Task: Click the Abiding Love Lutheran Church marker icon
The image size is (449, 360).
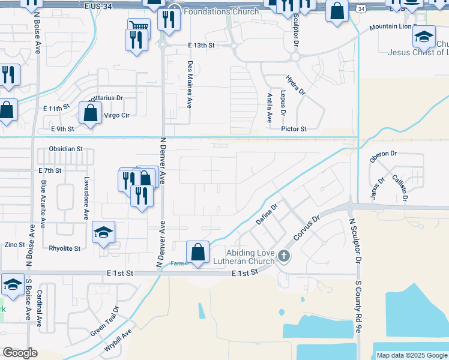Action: click(x=284, y=257)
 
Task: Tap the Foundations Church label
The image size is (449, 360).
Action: click(x=221, y=11)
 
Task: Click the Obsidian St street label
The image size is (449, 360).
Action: click(x=66, y=149)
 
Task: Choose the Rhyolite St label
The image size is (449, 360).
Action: click(x=64, y=248)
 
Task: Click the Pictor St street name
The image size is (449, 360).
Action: click(x=294, y=128)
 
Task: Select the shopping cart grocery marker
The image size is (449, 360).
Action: click(x=139, y=25)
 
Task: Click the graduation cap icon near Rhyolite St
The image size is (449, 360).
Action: click(x=103, y=232)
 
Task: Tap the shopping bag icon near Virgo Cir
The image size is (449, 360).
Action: click(x=90, y=112)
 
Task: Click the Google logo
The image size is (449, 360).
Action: click(x=20, y=353)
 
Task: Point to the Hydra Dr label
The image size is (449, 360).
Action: click(x=295, y=85)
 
